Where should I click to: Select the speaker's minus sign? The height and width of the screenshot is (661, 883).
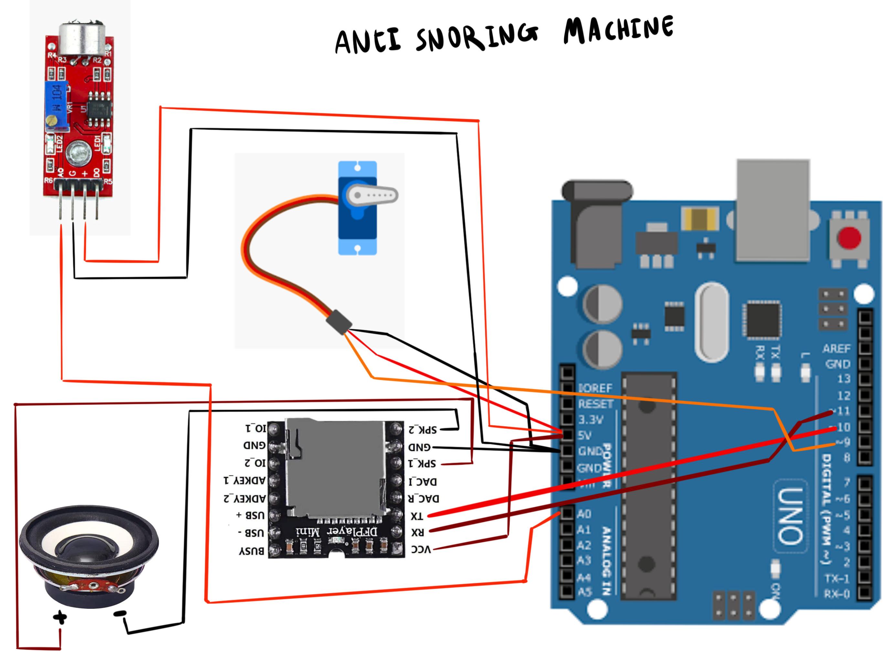[x=120, y=614]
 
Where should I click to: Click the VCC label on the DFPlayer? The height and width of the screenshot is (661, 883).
[x=421, y=550]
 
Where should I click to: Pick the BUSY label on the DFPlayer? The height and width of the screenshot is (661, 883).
[x=251, y=551]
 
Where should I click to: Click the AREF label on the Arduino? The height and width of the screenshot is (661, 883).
[x=836, y=349]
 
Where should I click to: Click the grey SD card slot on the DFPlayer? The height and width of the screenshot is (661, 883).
[x=335, y=466]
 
